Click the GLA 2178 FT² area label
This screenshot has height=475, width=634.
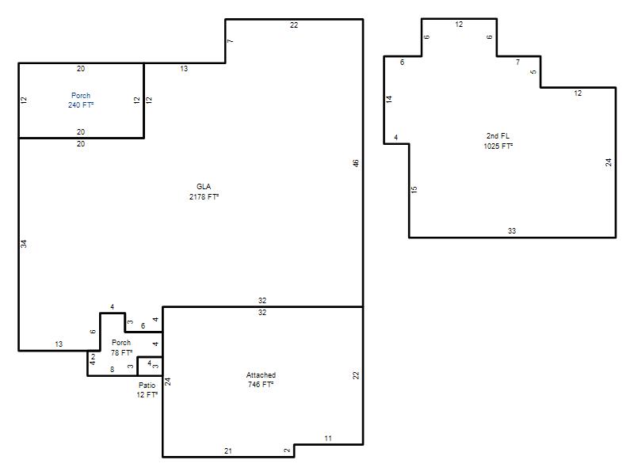click(x=204, y=192)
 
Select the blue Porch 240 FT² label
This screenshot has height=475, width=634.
click(x=81, y=101)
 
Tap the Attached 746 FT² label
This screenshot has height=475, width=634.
click(x=261, y=380)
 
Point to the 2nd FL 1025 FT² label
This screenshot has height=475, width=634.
click(x=498, y=141)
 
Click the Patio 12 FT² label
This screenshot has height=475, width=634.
click(x=147, y=389)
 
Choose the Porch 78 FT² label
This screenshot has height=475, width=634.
click(x=121, y=348)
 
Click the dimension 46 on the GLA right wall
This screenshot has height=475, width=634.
click(x=355, y=163)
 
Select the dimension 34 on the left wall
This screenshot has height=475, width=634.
click(x=24, y=244)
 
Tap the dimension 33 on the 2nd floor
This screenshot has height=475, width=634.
click(x=512, y=231)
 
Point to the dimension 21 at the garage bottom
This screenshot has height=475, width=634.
click(x=228, y=450)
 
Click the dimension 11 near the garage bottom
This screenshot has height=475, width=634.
click(x=328, y=439)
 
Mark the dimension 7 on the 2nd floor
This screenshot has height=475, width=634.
click(x=518, y=63)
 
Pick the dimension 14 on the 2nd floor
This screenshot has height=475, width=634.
click(x=389, y=99)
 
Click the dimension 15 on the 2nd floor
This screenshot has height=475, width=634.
click(x=414, y=189)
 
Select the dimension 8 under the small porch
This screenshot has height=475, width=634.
click(x=112, y=369)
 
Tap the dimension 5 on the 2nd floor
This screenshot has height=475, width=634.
click(x=533, y=72)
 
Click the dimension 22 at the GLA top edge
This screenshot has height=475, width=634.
click(x=294, y=25)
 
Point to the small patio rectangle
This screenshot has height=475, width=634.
click(x=150, y=367)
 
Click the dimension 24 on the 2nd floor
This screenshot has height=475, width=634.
click(x=609, y=162)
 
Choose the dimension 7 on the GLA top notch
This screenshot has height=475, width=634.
click(x=230, y=41)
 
